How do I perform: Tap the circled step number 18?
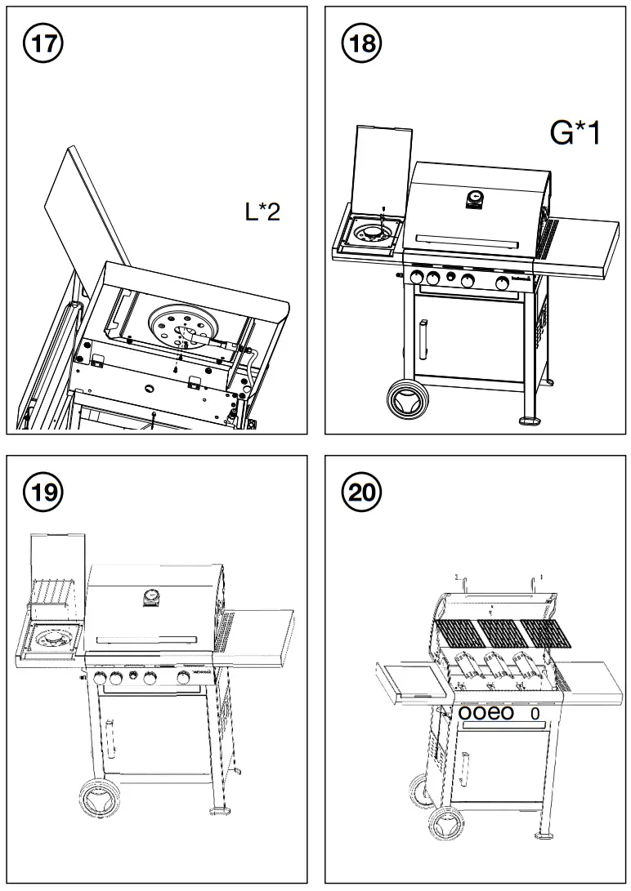coord(360,42)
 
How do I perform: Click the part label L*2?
coord(263,212)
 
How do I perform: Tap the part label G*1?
coord(575,132)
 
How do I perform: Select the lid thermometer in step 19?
coord(150,599)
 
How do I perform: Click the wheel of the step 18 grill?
coord(406,402)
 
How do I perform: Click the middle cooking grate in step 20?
coord(498,631)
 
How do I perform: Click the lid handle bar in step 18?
coord(467,240)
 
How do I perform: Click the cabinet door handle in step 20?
coord(465,768)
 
